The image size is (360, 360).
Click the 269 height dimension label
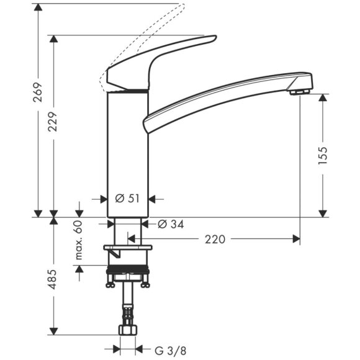click(38, 93)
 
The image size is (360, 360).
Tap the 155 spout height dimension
click(322, 158)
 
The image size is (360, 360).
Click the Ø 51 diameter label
click(127, 199)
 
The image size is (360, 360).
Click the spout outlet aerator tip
click(300, 92)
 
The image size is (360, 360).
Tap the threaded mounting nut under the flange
click(128, 273)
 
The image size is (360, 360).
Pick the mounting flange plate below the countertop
click(128, 250)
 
